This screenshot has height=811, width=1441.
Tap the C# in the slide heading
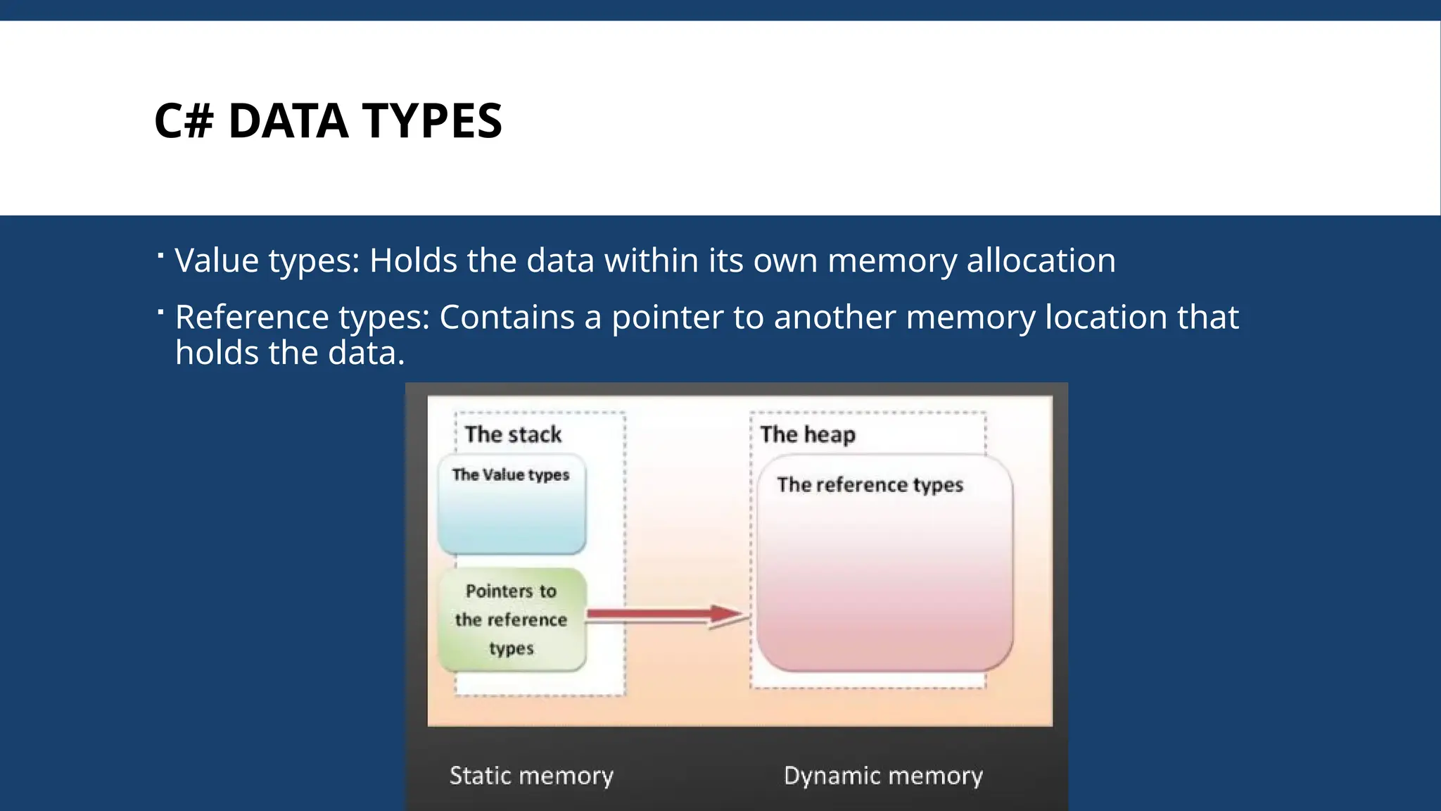coord(184,121)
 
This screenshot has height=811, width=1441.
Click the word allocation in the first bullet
coord(1041,260)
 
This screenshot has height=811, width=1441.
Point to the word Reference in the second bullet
coord(252,317)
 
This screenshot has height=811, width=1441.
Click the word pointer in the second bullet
coord(667,318)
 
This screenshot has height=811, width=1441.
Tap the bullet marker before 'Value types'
coord(161,255)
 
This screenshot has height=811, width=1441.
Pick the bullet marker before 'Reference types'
coord(161,311)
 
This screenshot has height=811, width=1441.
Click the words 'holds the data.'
coord(290,353)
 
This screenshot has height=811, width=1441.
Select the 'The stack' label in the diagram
coord(513,434)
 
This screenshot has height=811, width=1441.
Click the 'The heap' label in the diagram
coord(808,434)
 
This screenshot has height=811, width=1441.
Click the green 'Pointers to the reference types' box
coord(512,620)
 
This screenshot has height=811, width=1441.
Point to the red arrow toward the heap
coord(665,615)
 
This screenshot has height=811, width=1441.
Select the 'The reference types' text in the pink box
coord(870,485)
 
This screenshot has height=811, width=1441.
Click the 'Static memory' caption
coord(531,776)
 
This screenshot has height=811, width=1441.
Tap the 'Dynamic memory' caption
coord(883,776)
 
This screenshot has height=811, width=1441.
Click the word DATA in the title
coord(288,121)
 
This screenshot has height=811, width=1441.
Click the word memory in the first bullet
coord(891,260)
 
